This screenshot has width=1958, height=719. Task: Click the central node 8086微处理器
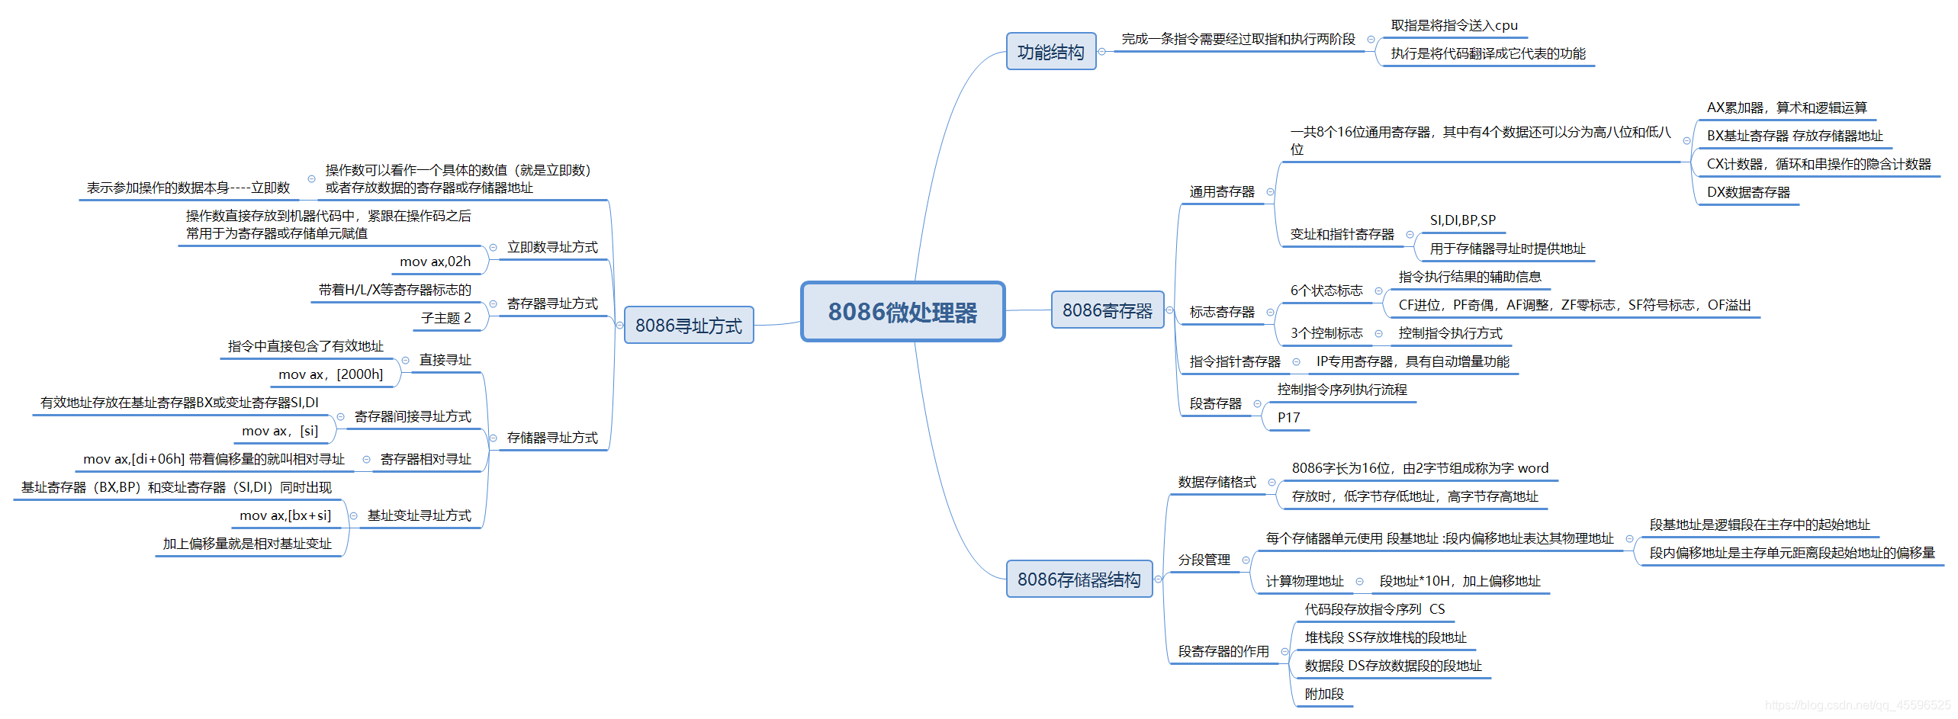point(902,312)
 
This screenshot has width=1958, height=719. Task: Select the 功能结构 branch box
point(1050,52)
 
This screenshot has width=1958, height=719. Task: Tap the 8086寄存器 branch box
point(1107,310)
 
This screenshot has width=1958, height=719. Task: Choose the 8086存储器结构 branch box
point(1079,579)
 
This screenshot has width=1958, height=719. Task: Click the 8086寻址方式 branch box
point(688,326)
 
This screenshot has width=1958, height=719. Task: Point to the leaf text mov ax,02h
point(435,262)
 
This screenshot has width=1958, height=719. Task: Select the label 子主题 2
point(445,318)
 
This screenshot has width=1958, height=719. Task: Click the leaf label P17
point(1288,418)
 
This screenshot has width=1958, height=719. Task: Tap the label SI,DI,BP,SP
point(1462,220)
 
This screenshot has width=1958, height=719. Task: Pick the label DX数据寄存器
point(1747,192)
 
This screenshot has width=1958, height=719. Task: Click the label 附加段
point(1324,694)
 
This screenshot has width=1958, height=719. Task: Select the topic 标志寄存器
point(1221,312)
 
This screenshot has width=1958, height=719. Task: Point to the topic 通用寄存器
point(1221,192)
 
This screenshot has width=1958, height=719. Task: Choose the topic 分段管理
point(1204,560)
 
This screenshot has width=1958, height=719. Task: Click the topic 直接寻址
point(445,360)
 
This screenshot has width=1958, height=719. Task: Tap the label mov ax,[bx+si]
point(285,515)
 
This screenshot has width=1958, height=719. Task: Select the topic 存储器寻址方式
point(552,438)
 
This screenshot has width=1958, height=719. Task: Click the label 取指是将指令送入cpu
point(1454,25)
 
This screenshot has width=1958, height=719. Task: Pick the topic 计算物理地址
point(1304,581)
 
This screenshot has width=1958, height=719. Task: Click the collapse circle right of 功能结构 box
point(1101,52)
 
